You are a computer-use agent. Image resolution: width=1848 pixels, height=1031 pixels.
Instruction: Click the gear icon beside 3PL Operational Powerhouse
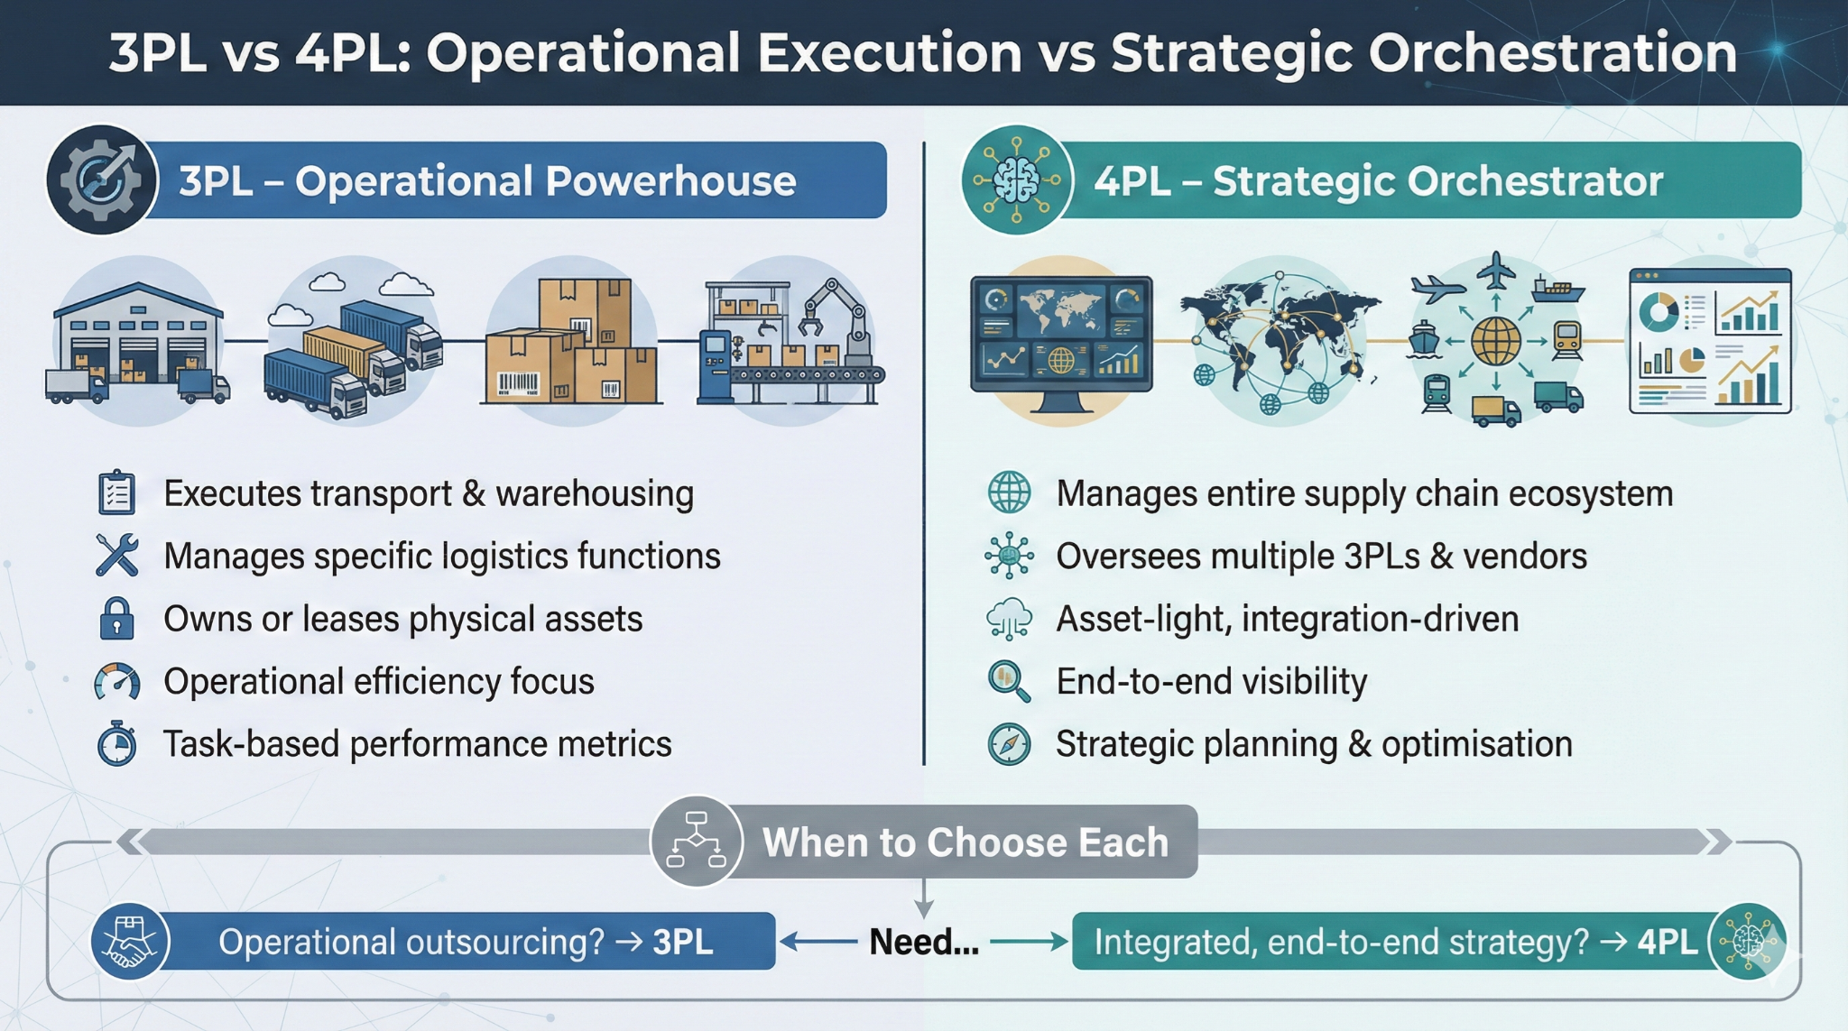(101, 180)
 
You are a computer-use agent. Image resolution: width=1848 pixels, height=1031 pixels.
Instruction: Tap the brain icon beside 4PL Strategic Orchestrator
(1017, 180)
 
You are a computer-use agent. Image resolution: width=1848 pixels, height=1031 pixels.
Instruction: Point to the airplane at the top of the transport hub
(1495, 270)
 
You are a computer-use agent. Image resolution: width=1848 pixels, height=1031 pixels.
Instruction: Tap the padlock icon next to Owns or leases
(116, 619)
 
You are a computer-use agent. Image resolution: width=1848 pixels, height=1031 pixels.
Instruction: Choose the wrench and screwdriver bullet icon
(117, 556)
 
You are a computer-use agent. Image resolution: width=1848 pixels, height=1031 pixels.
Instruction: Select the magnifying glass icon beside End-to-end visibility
(1009, 681)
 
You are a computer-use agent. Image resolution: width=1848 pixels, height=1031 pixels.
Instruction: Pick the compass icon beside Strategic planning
(1009, 744)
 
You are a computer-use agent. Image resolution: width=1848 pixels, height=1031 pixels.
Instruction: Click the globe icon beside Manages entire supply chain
(1009, 492)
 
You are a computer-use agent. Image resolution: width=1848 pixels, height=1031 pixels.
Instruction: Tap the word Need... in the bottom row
(924, 942)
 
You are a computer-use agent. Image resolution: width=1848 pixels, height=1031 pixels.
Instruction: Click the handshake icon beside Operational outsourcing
(130, 941)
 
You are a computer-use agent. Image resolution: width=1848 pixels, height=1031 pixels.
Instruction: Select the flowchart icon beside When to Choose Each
(696, 841)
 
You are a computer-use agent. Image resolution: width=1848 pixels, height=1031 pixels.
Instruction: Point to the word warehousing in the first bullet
(595, 493)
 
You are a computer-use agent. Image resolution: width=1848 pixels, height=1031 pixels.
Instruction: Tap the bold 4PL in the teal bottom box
(1668, 942)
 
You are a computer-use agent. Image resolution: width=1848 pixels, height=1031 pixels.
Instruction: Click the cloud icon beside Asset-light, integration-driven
(1009, 619)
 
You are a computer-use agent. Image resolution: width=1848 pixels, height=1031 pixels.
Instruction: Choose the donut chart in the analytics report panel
(1659, 310)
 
